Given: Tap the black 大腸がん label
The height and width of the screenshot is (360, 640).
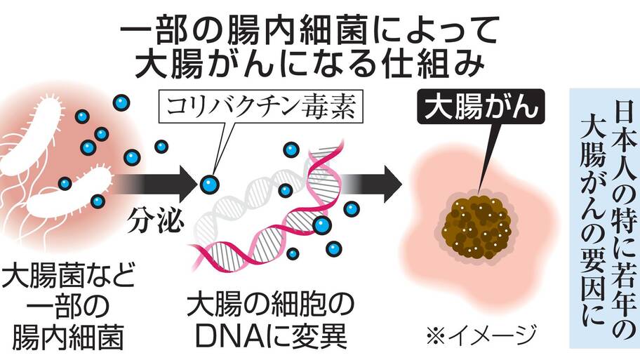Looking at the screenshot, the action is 481,106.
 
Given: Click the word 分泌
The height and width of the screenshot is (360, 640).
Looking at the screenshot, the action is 155,220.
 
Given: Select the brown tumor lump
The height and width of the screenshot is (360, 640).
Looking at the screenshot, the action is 476,227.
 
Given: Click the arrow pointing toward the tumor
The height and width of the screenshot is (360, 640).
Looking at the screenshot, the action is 369,184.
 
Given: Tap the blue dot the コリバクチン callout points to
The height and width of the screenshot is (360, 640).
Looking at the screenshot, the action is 209,185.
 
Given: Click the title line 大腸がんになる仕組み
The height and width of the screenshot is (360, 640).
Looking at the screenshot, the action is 309,63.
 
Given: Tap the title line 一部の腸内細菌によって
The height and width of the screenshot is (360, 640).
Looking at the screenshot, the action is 309,30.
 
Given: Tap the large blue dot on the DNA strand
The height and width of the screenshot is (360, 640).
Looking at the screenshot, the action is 321,225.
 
